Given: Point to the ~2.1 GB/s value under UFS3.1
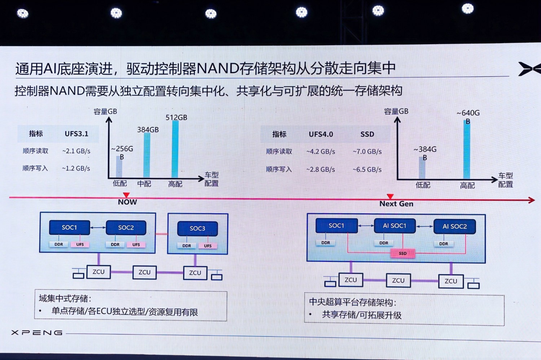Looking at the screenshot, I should coord(76,151).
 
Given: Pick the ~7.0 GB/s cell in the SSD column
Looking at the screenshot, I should coord(367,152).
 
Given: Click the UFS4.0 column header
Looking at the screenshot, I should coord(321,134).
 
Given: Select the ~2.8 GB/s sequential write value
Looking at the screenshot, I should coord(321,169).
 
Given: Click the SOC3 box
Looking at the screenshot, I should coord(197,228).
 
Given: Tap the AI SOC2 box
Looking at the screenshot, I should coord(454,226).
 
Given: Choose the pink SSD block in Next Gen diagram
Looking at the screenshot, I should coord(403,253).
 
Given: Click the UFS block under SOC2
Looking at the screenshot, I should coord(136,245).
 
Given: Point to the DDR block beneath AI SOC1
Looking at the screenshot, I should coord(384,243).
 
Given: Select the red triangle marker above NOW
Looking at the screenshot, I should coord(126,195).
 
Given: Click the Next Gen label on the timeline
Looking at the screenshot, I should coord(396,204).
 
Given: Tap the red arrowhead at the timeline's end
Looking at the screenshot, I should coord(532,200).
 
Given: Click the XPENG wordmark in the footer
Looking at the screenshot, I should coord(37,333).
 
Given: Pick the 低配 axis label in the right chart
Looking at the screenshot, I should coord(423,185).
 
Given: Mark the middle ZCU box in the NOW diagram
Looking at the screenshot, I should coord(144,272).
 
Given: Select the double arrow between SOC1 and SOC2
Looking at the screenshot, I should coord(98,228).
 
